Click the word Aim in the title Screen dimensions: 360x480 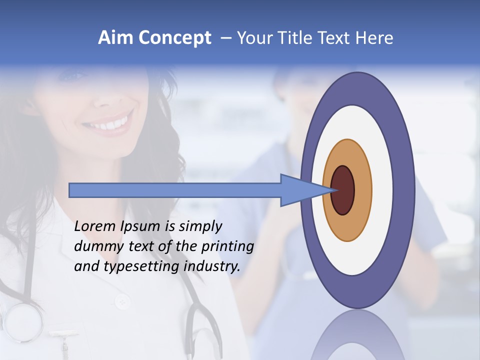pyautogui.click(x=115, y=38)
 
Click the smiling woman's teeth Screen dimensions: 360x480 pyautogui.click(x=112, y=123)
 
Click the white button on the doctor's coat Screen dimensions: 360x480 pyautogui.click(x=121, y=301)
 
